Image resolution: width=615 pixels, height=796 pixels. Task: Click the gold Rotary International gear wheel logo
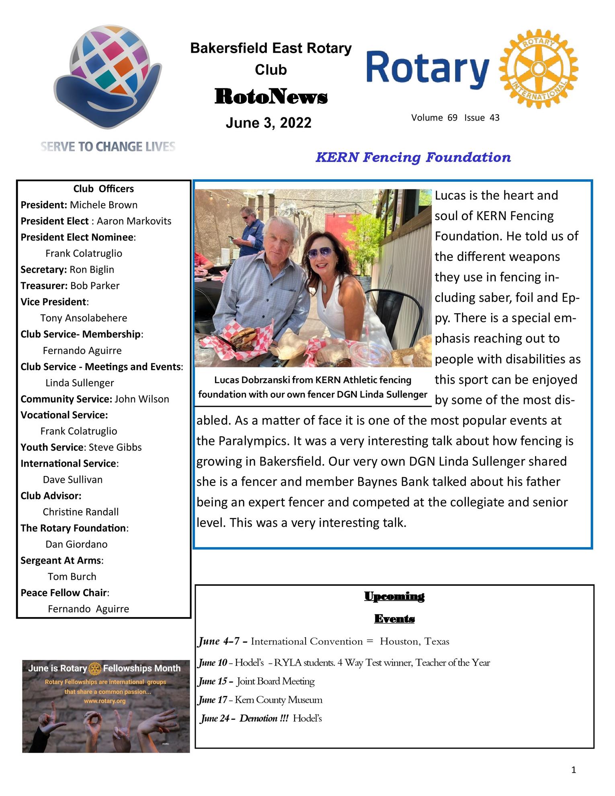(x=538, y=69)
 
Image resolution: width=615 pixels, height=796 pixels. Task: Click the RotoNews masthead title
(x=271, y=97)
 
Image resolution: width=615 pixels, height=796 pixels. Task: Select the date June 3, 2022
(x=269, y=123)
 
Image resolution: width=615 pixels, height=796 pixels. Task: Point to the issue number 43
(x=494, y=118)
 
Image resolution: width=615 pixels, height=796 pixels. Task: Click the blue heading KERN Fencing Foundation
(x=413, y=157)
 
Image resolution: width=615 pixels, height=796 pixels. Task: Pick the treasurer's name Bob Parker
(x=95, y=286)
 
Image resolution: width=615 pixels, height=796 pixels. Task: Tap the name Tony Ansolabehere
(x=84, y=318)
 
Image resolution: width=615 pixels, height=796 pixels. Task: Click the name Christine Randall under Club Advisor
(x=80, y=512)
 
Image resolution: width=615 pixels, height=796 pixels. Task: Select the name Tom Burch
(x=72, y=576)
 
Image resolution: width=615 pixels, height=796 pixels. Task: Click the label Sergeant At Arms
(x=61, y=560)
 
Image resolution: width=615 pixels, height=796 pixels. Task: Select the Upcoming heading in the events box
(x=394, y=596)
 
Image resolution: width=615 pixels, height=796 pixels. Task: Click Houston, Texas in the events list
(x=414, y=641)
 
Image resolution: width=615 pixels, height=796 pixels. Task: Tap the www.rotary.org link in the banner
(x=105, y=701)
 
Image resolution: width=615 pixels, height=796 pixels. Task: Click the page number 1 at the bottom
(x=574, y=770)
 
